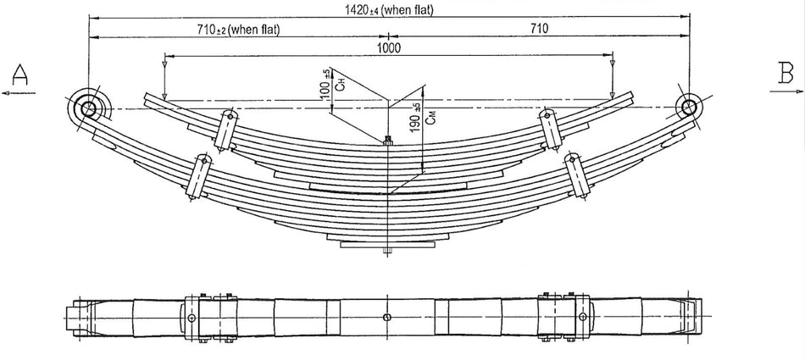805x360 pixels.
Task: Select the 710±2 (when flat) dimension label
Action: coord(238,29)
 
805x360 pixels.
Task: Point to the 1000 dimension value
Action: coord(389,48)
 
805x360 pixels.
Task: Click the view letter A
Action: coord(20,76)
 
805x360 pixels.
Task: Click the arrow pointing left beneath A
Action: coord(17,94)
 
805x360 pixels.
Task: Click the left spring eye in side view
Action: coord(89,108)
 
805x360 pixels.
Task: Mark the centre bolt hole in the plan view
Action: coord(386,317)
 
